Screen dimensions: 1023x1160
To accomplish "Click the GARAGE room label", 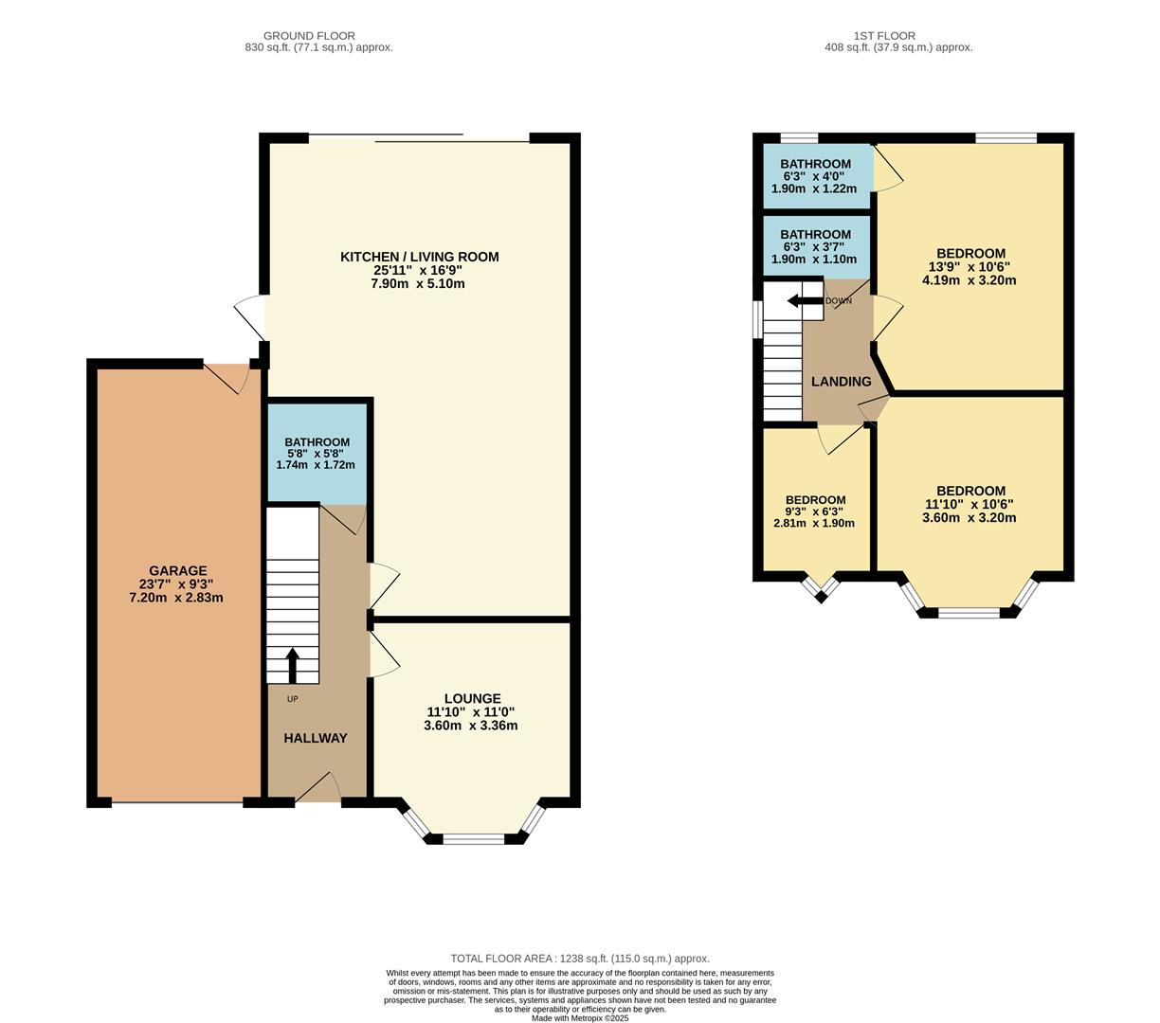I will (177, 570).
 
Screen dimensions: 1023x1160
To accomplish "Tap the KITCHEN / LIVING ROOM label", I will (419, 257).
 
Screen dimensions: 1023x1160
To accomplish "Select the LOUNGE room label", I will (472, 699).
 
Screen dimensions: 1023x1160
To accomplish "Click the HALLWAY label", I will (316, 738).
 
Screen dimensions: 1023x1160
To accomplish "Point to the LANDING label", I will (841, 382).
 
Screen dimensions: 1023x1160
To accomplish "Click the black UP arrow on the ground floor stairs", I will (292, 665).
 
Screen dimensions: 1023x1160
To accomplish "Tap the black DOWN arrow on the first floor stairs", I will (805, 301).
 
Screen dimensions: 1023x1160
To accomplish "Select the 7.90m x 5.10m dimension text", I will (419, 283).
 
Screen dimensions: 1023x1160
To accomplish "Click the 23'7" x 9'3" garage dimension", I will (177, 584).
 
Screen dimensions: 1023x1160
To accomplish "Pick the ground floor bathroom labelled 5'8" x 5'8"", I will (317, 453).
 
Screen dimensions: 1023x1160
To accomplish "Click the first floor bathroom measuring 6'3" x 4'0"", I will (815, 176).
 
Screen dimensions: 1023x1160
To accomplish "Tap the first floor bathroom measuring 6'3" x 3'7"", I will (815, 246).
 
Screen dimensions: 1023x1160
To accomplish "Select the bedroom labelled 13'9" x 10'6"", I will (970, 266).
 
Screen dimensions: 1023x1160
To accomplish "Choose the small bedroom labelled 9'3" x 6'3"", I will (815, 511).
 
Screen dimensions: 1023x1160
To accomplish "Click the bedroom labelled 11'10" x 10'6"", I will (970, 504).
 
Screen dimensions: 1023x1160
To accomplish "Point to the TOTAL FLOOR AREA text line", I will (579, 959).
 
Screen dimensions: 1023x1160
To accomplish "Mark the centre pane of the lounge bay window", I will (474, 838).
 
